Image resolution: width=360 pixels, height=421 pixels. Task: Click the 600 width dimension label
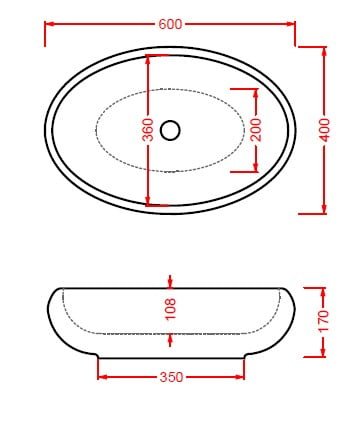point(170,24)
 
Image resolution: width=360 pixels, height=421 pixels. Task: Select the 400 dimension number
point(325,130)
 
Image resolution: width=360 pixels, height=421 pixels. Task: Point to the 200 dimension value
point(256,129)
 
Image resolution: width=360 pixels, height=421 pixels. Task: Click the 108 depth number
point(170,309)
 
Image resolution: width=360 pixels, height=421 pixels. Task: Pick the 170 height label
point(323,321)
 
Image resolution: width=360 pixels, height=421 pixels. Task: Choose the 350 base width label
point(171,377)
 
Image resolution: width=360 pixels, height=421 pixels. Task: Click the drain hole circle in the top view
point(170,130)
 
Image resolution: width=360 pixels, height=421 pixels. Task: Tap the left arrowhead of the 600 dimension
point(50,24)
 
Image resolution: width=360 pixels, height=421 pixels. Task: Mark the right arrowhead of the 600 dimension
point(290,24)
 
